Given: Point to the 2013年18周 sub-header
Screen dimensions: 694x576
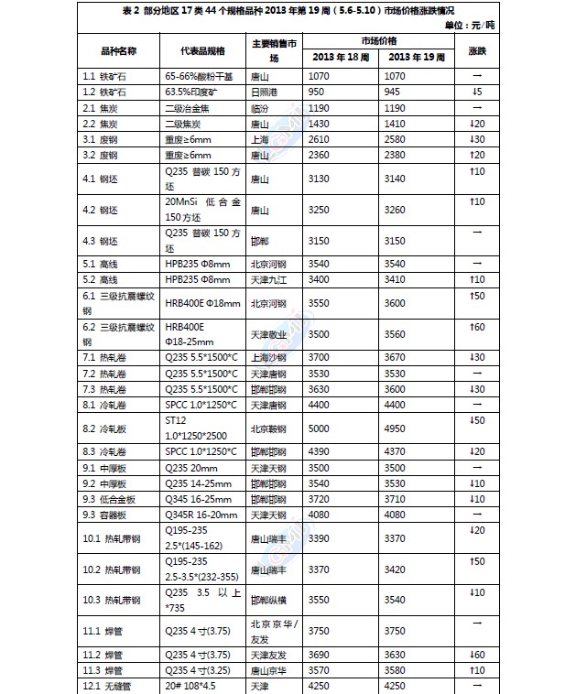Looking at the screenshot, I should (x=339, y=57).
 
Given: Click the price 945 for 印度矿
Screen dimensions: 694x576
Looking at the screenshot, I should (x=395, y=92).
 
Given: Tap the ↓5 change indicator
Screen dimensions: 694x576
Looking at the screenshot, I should (x=476, y=92).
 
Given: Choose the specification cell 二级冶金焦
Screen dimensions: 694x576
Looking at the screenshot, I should (x=190, y=107).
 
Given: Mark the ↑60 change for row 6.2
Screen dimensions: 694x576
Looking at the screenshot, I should (x=477, y=328).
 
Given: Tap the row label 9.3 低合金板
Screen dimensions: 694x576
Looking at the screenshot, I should (x=112, y=499).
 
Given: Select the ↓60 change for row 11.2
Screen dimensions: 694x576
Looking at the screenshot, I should (x=477, y=655).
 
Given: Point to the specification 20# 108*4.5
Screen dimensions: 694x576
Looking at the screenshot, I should (x=194, y=687).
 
